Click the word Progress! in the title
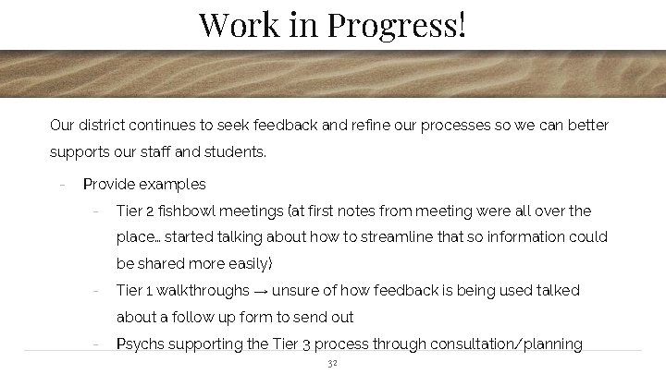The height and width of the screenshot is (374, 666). coord(396,23)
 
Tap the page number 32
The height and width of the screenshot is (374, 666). coord(333,363)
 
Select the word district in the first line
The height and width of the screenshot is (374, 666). coord(103,125)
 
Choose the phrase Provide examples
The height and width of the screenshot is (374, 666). coord(144,184)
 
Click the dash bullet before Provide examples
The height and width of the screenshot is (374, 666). coord(60,184)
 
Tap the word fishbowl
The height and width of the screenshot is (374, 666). coord(196,211)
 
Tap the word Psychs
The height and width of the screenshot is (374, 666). coord(139,344)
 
